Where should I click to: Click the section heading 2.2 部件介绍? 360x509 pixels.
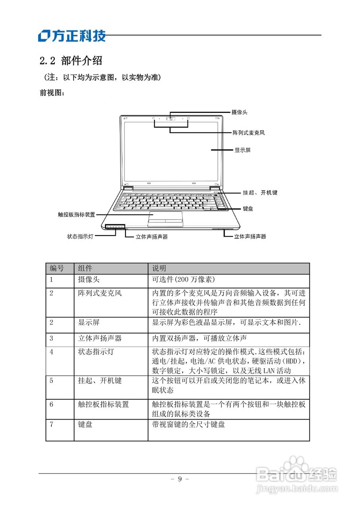click(71, 61)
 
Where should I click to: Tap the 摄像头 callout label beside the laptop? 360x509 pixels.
click(240, 113)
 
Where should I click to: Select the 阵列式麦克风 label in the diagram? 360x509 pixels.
click(249, 133)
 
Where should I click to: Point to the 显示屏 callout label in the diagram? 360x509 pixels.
click(242, 150)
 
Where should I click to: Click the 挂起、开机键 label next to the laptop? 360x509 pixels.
click(260, 192)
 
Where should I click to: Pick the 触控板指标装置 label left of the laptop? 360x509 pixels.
click(77, 214)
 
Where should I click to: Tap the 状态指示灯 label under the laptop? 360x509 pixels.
click(80, 236)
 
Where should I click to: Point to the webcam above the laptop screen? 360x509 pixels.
click(170, 118)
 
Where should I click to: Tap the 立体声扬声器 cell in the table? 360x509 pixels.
click(100, 338)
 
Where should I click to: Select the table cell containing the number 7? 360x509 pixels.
click(52, 424)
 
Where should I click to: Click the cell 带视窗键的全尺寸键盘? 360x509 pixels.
click(188, 424)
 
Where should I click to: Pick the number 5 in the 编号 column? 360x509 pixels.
click(52, 381)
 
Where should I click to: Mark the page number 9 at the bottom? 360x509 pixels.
click(180, 479)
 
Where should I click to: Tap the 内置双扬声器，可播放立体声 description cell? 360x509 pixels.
click(199, 338)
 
